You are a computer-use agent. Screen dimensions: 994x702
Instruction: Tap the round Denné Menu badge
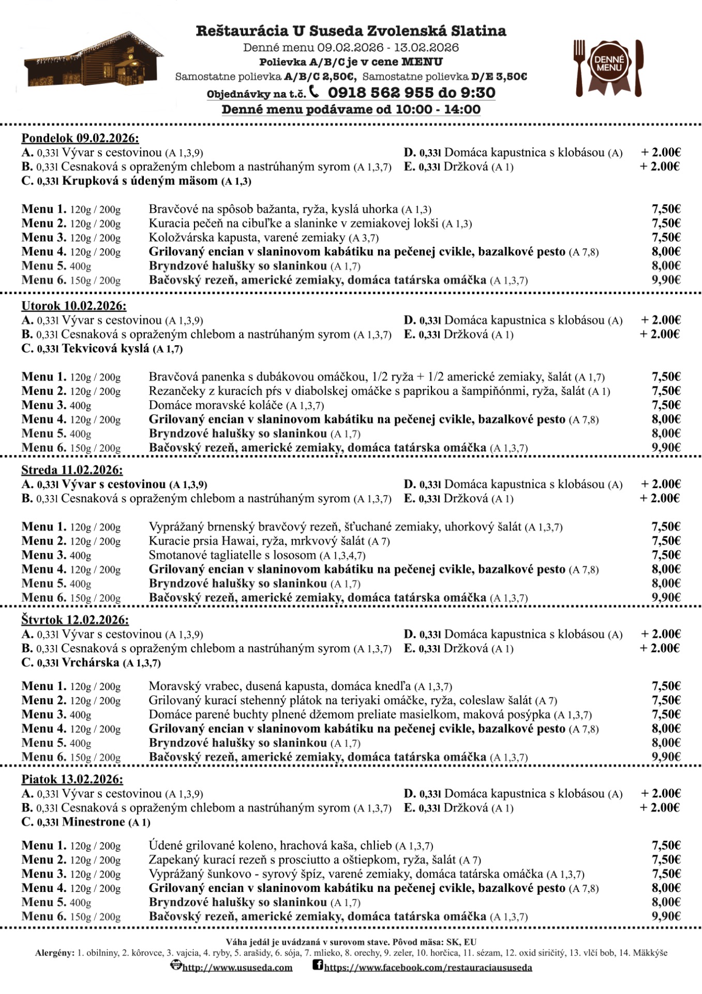click(608, 64)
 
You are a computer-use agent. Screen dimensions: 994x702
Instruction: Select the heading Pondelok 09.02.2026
click(80, 138)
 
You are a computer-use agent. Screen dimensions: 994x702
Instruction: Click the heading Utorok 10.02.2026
click(74, 305)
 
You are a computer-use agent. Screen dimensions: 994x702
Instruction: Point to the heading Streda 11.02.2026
click(72, 470)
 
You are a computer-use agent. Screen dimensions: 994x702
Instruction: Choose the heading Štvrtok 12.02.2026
click(75, 620)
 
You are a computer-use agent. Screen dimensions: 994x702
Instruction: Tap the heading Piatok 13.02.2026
click(72, 779)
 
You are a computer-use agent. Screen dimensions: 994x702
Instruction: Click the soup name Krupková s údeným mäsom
click(140, 181)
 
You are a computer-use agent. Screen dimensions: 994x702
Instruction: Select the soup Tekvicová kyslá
click(106, 348)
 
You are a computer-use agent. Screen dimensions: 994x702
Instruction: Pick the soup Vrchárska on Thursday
click(91, 663)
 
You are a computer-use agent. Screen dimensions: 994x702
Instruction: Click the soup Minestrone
click(94, 822)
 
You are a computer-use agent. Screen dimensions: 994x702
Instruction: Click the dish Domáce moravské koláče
click(216, 405)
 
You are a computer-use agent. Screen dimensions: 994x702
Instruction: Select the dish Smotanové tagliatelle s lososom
click(232, 555)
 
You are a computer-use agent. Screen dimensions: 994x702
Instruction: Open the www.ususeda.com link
click(237, 967)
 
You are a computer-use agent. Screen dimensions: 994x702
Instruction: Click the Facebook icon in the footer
click(318, 965)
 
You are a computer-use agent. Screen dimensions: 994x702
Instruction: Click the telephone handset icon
click(314, 92)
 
